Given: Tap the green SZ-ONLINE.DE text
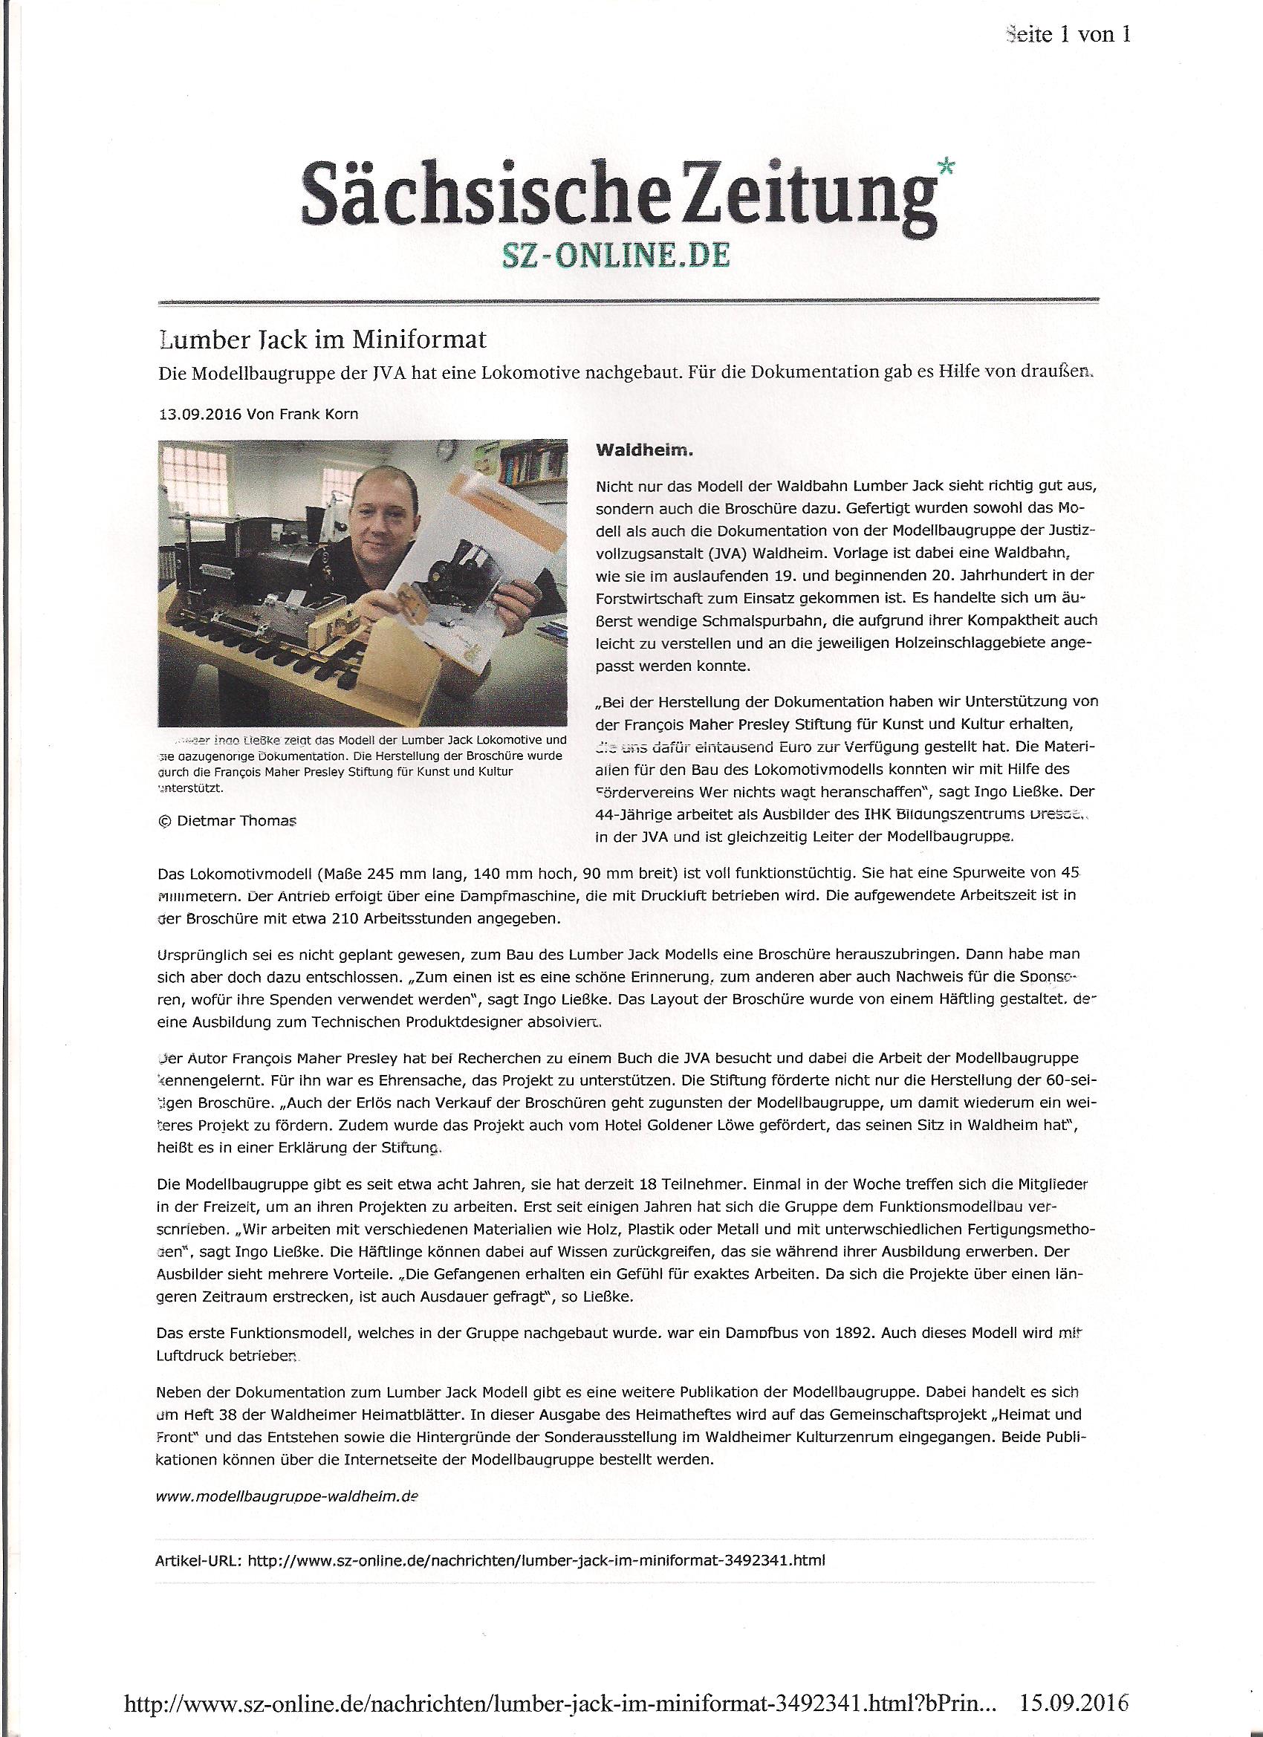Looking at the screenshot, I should (x=614, y=255).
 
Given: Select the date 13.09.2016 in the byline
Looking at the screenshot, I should (x=196, y=415).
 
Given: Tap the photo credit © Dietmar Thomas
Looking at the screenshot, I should (x=226, y=820).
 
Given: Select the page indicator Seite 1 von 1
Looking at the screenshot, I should (x=1066, y=34).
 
